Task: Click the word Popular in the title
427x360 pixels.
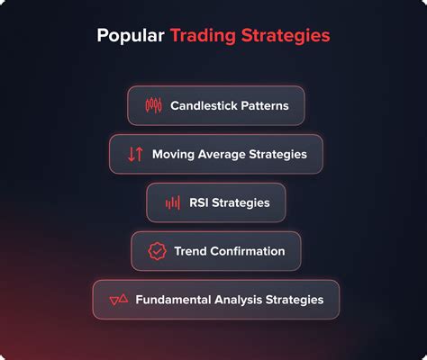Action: tap(129, 37)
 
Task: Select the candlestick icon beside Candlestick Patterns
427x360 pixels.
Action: tap(153, 105)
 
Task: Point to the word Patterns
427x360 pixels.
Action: tap(265, 105)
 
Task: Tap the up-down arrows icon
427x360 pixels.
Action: tap(135, 154)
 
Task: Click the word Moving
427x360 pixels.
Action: tap(173, 154)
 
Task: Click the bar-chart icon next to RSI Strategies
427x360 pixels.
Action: tap(172, 202)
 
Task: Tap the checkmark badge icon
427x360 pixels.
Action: tap(158, 251)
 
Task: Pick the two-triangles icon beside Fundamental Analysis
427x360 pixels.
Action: tap(118, 299)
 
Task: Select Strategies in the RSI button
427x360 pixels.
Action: tap(242, 202)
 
